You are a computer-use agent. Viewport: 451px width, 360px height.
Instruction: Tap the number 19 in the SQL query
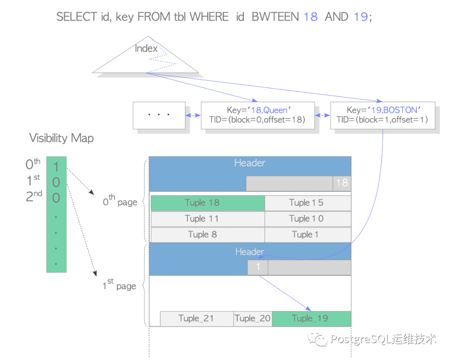click(360, 17)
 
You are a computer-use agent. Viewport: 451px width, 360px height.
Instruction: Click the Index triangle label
click(146, 48)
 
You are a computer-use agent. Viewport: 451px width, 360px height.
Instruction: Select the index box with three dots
click(159, 115)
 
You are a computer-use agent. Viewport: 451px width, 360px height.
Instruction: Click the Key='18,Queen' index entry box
click(257, 115)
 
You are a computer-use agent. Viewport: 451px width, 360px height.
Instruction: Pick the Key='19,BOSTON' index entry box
click(382, 115)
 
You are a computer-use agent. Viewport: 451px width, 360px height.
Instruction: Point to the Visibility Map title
click(61, 138)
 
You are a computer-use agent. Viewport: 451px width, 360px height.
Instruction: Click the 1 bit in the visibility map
click(56, 167)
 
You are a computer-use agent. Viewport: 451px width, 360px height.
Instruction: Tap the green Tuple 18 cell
click(208, 203)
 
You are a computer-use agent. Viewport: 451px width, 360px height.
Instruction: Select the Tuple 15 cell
click(308, 203)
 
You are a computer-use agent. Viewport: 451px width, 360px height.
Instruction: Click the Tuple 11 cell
click(208, 219)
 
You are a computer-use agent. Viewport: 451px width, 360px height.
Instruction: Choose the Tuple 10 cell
click(308, 219)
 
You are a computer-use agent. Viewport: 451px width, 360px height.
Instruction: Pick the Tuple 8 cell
click(208, 234)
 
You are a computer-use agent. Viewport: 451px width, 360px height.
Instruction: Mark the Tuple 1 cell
click(308, 234)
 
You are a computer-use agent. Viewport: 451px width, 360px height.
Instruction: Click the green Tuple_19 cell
click(311, 319)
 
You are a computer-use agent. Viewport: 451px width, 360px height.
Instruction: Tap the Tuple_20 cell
click(253, 319)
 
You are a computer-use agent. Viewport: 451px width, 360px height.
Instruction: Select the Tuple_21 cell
click(196, 319)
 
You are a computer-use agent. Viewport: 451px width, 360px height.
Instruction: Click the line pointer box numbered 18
click(342, 183)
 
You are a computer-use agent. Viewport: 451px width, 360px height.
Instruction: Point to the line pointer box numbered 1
click(258, 267)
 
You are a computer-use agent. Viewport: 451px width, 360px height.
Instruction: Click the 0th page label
click(120, 202)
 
